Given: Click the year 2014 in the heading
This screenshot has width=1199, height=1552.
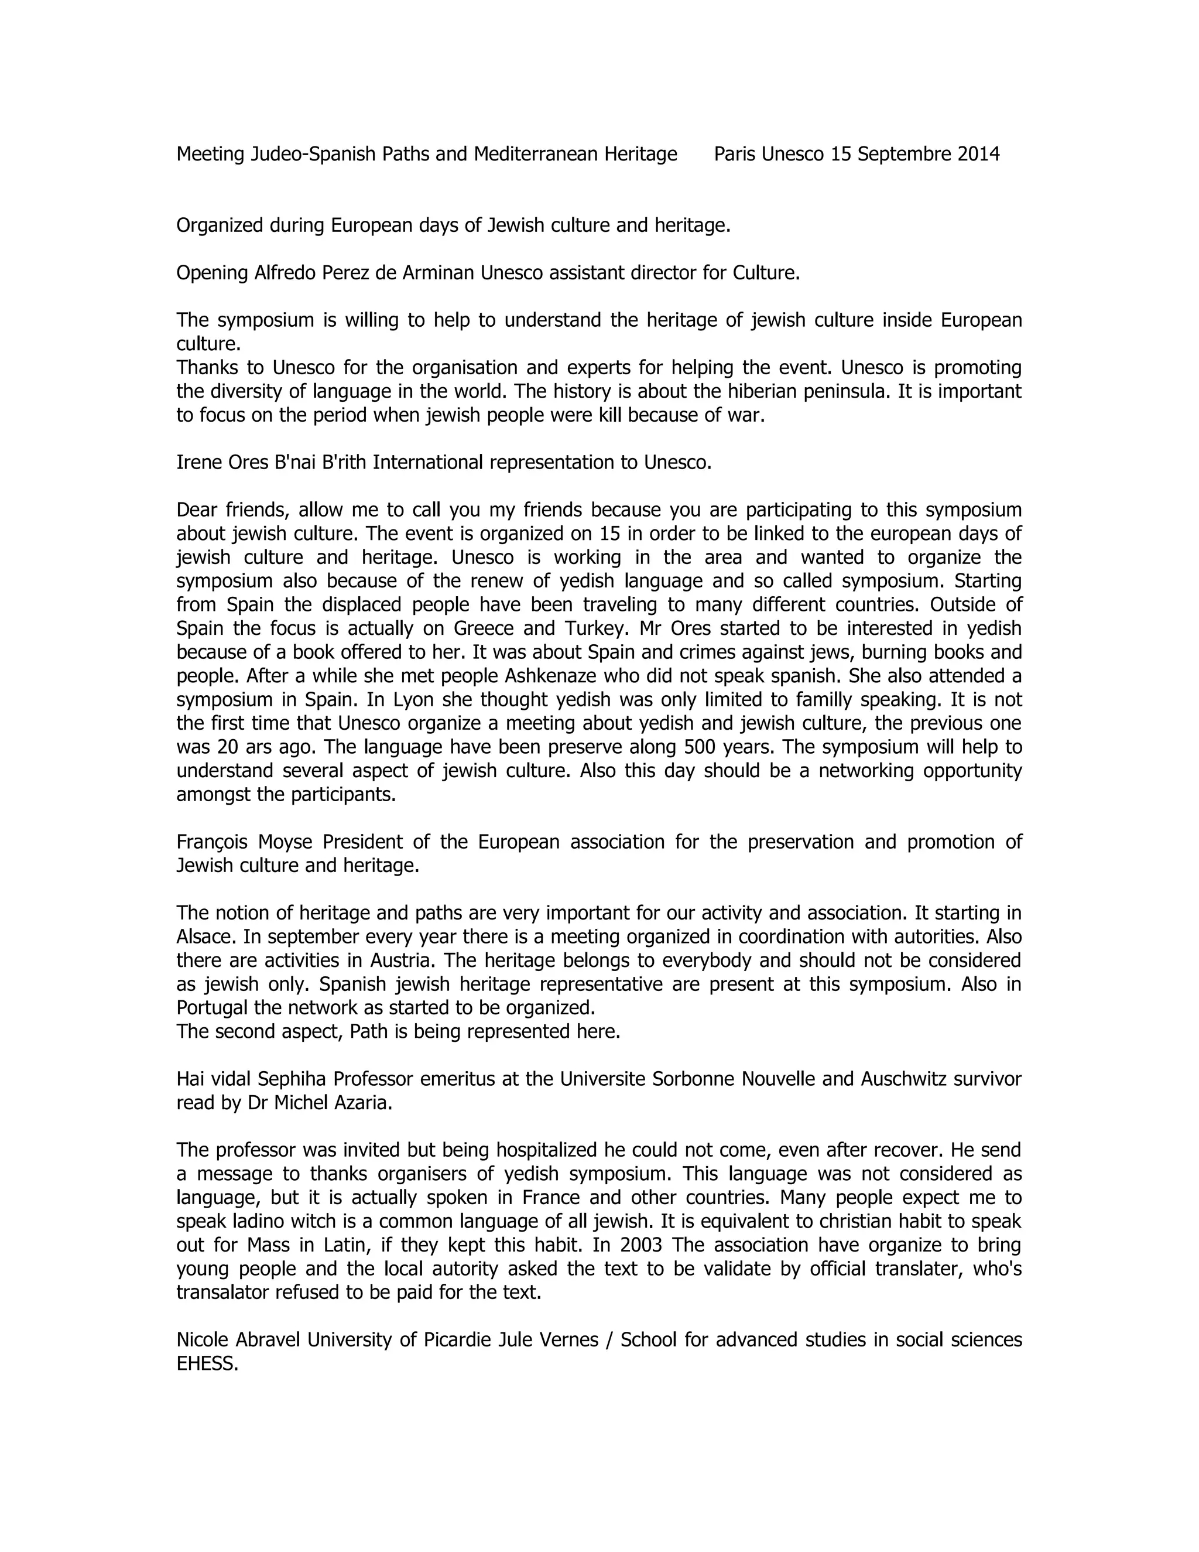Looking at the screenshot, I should coord(978,154).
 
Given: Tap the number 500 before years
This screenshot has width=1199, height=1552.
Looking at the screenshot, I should coord(699,747).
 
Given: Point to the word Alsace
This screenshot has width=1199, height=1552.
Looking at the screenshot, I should coord(202,936).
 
